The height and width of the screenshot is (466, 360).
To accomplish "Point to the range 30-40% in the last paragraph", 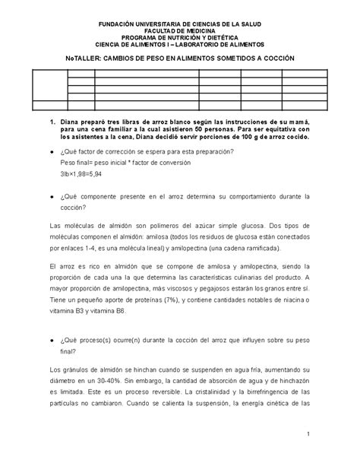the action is tap(114, 372).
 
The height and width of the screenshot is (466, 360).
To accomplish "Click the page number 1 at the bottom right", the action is tap(310, 433).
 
